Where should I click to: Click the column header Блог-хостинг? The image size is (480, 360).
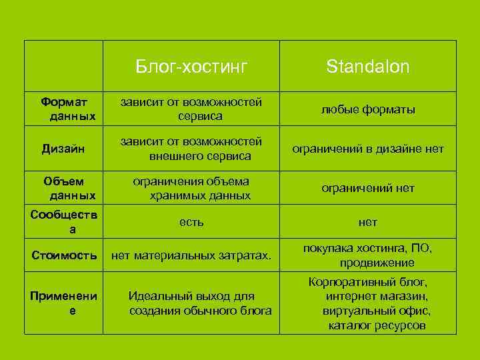(191, 67)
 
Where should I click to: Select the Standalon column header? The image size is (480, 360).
(367, 67)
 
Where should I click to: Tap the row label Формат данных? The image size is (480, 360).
(64, 109)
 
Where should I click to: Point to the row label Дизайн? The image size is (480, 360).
(64, 149)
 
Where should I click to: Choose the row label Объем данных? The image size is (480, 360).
(64, 189)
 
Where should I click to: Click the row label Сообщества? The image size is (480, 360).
(64, 222)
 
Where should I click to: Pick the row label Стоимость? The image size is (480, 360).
(64, 255)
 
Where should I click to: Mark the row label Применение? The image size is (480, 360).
(64, 303)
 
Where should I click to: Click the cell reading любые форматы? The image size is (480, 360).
(367, 109)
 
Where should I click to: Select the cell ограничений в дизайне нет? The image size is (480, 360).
(367, 149)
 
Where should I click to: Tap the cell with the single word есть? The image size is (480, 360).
(191, 221)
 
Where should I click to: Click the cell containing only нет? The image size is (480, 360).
(367, 222)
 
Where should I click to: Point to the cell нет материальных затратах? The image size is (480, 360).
(191, 255)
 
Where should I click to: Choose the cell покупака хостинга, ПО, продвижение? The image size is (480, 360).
(367, 255)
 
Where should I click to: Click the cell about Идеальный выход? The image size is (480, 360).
(191, 303)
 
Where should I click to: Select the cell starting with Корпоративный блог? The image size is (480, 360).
(367, 303)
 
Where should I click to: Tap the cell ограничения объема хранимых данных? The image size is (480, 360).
(191, 189)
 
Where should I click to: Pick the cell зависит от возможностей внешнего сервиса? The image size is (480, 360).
(191, 149)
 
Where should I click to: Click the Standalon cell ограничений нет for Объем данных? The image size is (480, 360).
(367, 189)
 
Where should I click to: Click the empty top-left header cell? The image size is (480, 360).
(64, 66)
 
